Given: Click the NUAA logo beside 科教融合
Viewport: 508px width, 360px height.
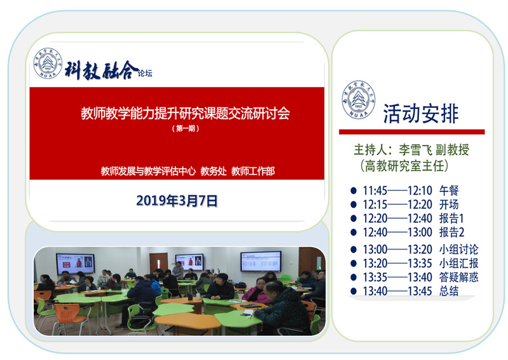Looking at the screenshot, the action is point(48,63).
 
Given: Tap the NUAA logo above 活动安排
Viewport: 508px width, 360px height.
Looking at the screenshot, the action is point(359,100).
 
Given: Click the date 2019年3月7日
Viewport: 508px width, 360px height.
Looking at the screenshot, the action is point(177,201).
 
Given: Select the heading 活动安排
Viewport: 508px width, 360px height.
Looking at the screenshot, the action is point(420,114).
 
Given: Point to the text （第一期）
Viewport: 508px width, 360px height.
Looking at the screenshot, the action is point(185,128).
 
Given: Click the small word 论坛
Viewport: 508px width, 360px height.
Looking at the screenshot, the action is point(145,73).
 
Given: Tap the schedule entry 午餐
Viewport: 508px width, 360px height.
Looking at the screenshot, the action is point(449,191).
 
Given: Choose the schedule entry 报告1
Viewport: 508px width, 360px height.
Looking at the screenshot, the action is point(451,218).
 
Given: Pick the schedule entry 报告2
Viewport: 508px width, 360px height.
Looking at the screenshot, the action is point(451,232).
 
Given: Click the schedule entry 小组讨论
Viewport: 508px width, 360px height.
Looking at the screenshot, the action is point(458,249).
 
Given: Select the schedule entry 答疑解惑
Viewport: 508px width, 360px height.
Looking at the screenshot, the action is point(458,277).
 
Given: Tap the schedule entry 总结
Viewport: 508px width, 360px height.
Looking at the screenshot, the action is point(449,291).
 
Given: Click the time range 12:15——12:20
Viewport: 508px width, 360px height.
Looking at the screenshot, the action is point(397,205).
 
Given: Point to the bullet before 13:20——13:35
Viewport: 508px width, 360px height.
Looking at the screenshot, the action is point(354,263).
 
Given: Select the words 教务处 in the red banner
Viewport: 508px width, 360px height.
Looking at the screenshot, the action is point(214,171).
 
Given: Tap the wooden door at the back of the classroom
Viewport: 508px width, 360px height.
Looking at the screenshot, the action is point(158,263).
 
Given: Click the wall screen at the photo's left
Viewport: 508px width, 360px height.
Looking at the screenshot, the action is point(76,263).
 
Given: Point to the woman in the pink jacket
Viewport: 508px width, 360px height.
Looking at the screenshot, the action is point(257,292).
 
